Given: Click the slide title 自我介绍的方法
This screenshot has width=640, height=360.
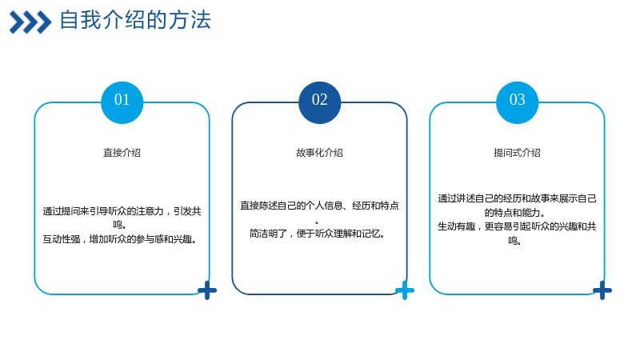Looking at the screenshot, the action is tap(135, 20).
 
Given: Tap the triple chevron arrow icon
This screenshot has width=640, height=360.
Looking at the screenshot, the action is tap(30, 22).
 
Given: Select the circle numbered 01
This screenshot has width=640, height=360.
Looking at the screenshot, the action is tap(122, 102).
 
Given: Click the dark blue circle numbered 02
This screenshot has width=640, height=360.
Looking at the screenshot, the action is tap(319, 102).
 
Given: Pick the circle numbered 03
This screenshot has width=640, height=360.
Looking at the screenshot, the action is tap(517, 102).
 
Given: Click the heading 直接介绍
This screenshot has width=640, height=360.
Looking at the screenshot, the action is tap(122, 153).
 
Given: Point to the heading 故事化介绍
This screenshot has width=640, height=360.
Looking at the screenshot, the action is tap(319, 153).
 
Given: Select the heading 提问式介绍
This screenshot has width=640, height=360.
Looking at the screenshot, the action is tap(517, 153).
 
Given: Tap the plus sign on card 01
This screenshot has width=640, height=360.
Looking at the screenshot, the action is tap(207, 290).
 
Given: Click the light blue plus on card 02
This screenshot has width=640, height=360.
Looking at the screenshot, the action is tap(405, 290).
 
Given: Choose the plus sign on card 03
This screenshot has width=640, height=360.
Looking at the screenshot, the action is tap(602, 290).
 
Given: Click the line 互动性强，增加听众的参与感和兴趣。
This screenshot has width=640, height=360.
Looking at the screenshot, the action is tap(120, 239).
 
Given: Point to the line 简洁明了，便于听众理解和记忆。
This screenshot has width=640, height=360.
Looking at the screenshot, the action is tap(317, 234).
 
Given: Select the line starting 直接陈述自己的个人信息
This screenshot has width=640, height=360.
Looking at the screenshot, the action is tap(319, 206).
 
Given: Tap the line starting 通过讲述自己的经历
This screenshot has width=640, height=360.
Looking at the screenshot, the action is tap(517, 198).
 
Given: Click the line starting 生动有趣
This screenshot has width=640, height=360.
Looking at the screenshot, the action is tap(517, 226).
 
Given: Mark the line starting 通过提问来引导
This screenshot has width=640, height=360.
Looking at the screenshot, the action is tap(122, 211).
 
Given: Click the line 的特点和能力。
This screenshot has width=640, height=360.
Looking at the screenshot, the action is tap(514, 212).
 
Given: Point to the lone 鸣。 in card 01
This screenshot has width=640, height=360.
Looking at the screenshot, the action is tap(119, 225).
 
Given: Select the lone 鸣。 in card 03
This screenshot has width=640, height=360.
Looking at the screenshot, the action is tap(514, 241).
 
